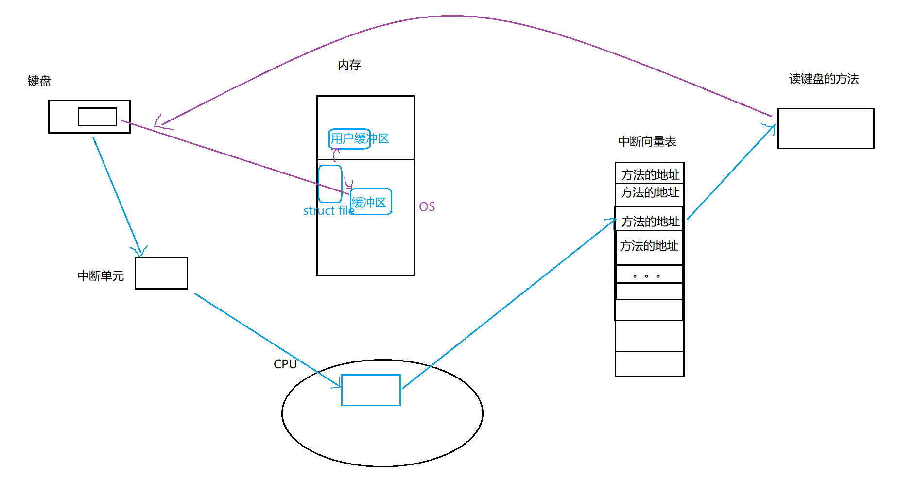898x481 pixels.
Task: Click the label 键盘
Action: coord(39,81)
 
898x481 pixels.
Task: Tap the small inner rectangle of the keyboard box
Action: coord(97,117)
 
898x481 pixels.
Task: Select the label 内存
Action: coord(349,65)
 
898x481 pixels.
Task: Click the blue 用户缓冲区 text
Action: coord(360,139)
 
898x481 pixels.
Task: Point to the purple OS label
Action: coord(427,207)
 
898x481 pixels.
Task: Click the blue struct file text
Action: coord(328,211)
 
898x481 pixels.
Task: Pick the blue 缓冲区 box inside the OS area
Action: coord(370,202)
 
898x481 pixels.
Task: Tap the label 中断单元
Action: coord(101,276)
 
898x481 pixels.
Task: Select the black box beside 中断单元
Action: coord(161,273)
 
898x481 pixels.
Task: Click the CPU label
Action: coord(285,364)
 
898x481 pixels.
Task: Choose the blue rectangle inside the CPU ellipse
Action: coord(371,390)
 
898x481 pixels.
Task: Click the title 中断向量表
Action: coord(647,141)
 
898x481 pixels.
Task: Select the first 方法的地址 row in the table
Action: coord(650,174)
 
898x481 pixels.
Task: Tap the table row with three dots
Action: coord(649,275)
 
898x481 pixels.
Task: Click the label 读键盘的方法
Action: coord(824,79)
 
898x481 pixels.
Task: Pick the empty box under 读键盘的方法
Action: coord(826,128)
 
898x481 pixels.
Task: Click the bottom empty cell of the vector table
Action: coord(649,363)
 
